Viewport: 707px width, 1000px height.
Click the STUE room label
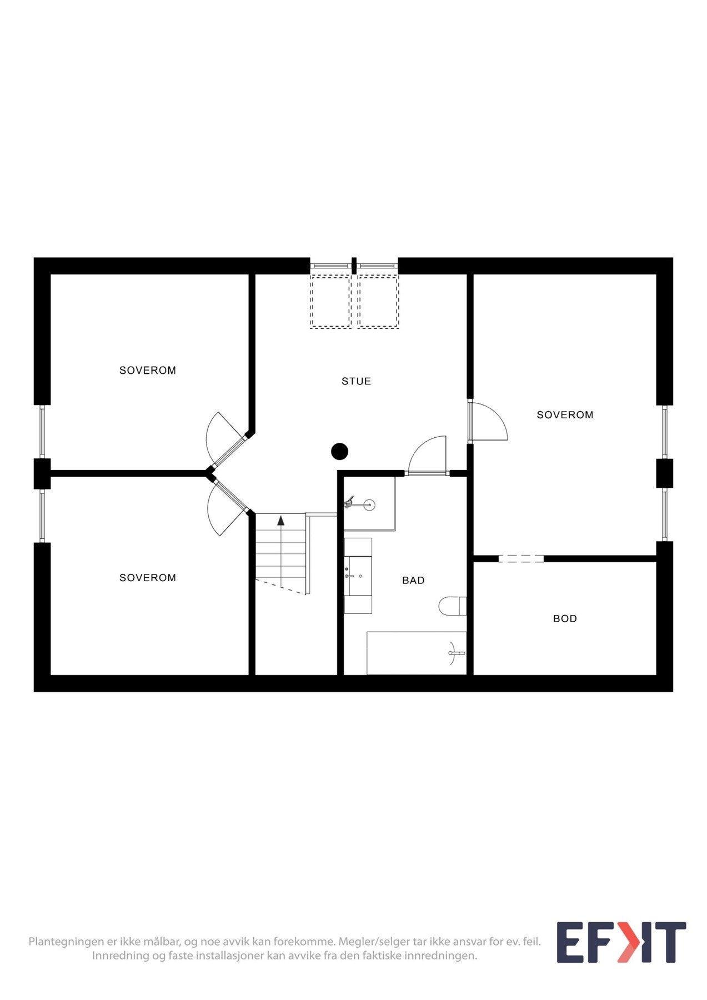click(356, 381)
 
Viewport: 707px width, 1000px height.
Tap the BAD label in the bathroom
click(413, 580)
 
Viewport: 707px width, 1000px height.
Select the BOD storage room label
click(565, 618)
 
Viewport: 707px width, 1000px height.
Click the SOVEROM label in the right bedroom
click(565, 414)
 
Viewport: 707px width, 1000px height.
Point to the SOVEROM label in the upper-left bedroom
click(148, 370)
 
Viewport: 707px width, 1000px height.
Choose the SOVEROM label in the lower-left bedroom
click(148, 578)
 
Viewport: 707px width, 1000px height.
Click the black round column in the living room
click(339, 452)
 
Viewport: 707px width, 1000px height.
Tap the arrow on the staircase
click(281, 521)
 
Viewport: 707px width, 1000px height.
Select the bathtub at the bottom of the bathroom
click(417, 653)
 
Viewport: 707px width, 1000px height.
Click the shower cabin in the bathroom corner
click(369, 504)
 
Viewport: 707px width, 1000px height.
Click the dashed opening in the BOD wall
click(521, 558)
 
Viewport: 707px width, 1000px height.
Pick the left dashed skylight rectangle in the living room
click(330, 302)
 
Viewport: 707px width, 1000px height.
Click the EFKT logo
click(621, 942)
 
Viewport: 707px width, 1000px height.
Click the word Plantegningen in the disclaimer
click(66, 942)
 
